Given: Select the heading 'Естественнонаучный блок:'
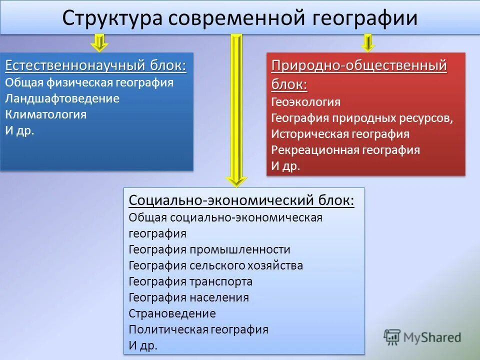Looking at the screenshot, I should click(96, 66).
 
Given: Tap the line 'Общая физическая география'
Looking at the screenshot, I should click(89, 82).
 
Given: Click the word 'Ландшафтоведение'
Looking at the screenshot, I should click(62, 98).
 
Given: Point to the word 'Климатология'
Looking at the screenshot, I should click(46, 114).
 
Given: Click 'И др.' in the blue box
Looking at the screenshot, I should click(20, 130).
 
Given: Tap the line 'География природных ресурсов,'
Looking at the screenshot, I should click(362, 118).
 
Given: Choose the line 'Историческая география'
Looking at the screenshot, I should click(340, 134).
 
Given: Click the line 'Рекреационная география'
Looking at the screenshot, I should click(345, 150).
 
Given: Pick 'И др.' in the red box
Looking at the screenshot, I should click(286, 166).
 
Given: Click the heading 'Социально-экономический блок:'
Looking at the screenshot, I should click(241, 200).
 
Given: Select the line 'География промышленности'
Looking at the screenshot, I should click(209, 249).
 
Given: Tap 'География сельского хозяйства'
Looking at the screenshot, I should click(215, 265).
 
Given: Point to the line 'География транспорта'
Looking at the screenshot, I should click(190, 281).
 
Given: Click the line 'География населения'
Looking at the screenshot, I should click(188, 297).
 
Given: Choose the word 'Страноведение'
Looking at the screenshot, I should click(172, 313).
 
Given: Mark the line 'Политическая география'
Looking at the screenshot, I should click(198, 329).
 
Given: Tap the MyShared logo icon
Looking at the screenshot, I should click(392, 337).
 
